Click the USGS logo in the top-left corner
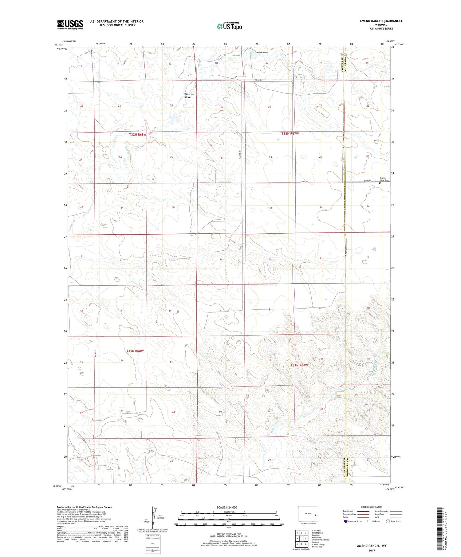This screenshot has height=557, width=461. pyautogui.click(x=70, y=25)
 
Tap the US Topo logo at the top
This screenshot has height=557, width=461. pyautogui.click(x=229, y=26)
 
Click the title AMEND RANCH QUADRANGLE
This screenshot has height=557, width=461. pyautogui.click(x=381, y=21)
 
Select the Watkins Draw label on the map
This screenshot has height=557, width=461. pyautogui.click(x=189, y=96)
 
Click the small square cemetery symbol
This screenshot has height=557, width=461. pyautogui.click(x=380, y=183)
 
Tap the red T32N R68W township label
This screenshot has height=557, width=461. pyautogui.click(x=137, y=135)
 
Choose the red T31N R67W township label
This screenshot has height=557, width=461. pyautogui.click(x=299, y=365)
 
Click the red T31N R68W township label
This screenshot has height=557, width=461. pyautogui.click(x=135, y=351)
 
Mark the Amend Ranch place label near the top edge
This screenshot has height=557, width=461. pyautogui.click(x=262, y=53)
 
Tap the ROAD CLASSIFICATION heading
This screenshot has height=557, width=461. pyautogui.click(x=372, y=507)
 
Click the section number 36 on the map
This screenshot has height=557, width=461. pyautogui.click(x=173, y=207)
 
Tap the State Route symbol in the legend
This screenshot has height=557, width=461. pyautogui.click(x=388, y=521)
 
